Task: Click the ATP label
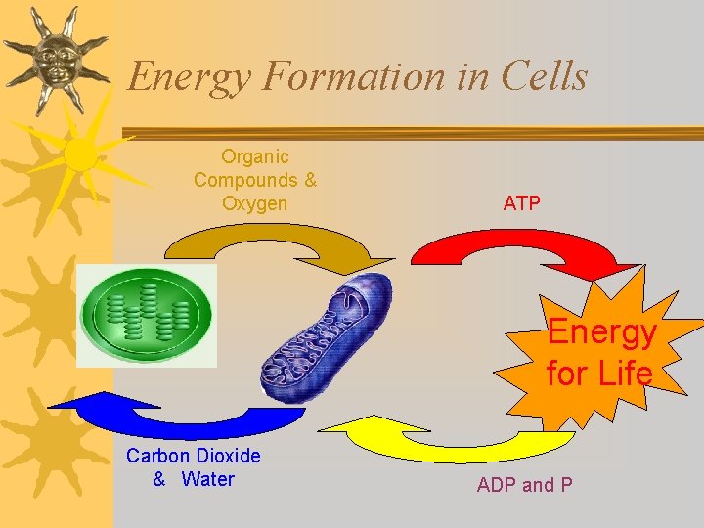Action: (x=521, y=203)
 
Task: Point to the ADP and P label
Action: (x=524, y=485)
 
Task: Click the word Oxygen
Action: (x=255, y=203)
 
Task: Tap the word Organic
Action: (x=255, y=156)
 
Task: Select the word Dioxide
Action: (x=228, y=456)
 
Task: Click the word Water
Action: (x=208, y=479)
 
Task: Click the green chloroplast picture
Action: (x=147, y=316)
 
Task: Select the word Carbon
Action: (x=158, y=456)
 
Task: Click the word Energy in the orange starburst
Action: (x=601, y=332)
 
